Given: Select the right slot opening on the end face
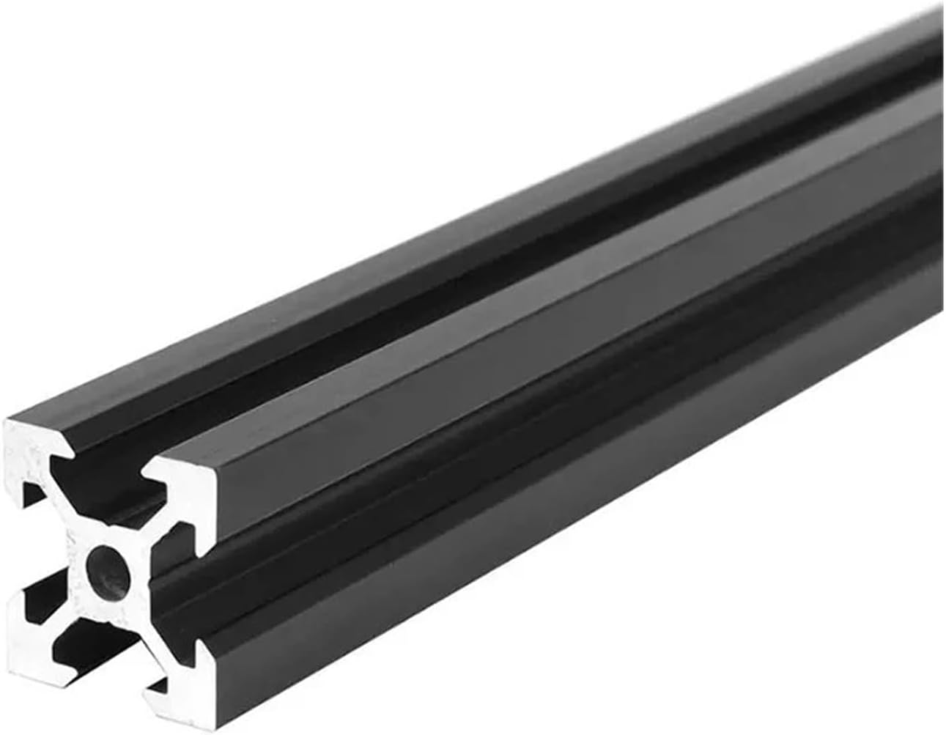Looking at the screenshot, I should [176, 586].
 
